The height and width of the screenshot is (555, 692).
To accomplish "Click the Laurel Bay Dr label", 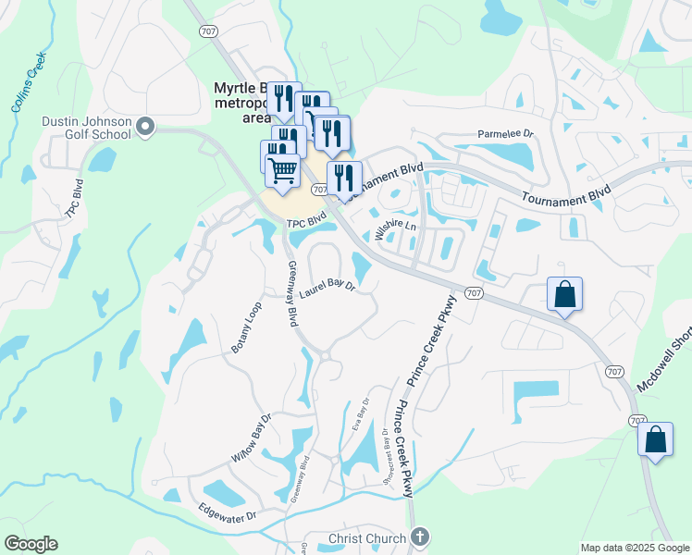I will [x=327, y=290].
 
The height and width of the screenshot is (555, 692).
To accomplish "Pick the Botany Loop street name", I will [x=247, y=327].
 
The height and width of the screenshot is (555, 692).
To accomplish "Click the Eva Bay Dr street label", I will [x=362, y=413].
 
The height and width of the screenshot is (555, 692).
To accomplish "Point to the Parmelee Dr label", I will [x=506, y=133].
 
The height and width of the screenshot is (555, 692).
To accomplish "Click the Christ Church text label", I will [x=367, y=538].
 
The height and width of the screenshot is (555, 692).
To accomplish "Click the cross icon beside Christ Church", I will [x=419, y=536].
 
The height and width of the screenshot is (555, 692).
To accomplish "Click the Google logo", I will [x=31, y=544].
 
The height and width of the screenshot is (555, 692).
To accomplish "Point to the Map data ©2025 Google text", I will [x=635, y=548].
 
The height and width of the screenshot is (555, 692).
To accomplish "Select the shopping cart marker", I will [x=283, y=170].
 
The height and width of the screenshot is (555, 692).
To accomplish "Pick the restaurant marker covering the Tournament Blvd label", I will [x=344, y=177].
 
